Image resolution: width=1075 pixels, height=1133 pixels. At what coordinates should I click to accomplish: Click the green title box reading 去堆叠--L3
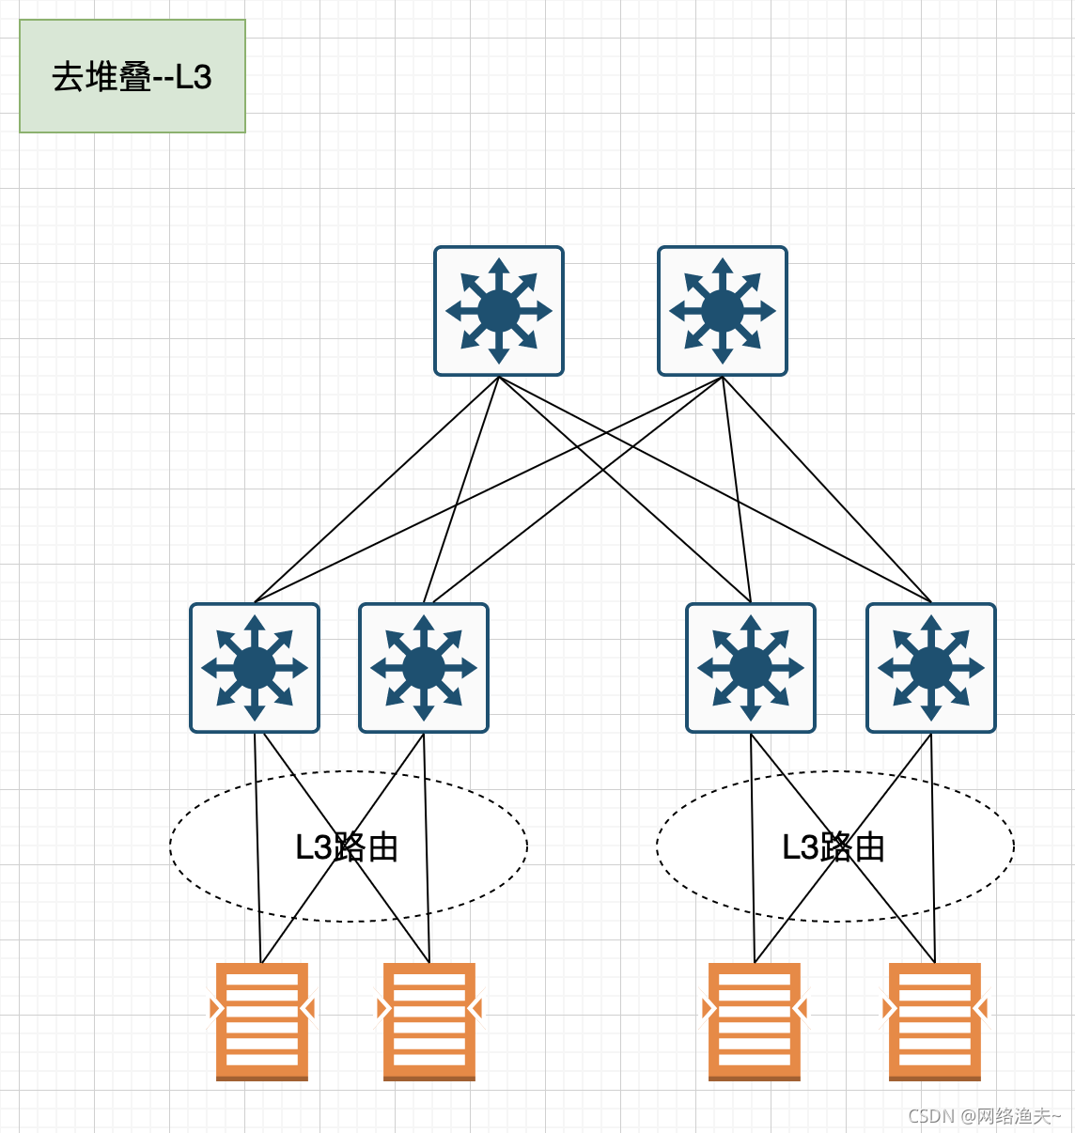pos(132,76)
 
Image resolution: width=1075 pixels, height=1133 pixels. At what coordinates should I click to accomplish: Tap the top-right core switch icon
pos(723,311)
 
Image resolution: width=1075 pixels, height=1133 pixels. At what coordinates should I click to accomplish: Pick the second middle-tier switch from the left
pos(424,668)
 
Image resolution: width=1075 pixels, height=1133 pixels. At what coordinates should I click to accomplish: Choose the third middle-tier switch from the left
pos(751,668)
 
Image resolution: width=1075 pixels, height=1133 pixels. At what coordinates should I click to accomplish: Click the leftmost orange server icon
pos(262,1021)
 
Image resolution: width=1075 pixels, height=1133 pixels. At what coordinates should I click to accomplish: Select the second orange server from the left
pos(429,1021)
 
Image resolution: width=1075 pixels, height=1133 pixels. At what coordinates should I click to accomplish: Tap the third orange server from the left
pos(755,1021)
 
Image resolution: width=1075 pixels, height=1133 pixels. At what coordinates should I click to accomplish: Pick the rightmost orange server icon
pos(935,1021)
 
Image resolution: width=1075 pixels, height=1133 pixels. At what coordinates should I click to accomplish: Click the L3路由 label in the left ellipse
pos(347,847)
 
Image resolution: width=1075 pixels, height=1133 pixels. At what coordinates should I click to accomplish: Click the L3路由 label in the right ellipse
pos(834,847)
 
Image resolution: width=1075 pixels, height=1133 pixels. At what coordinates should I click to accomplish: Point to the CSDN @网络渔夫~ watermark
pos(984,1115)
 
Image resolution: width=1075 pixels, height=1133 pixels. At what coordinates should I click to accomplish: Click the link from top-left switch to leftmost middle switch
pos(376,489)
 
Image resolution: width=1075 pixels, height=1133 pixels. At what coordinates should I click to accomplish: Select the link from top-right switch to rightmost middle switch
pos(827,489)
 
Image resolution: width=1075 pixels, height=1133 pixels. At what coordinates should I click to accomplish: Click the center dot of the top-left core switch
pos(499,311)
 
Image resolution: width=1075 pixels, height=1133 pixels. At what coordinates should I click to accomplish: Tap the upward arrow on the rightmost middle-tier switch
pos(931,626)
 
